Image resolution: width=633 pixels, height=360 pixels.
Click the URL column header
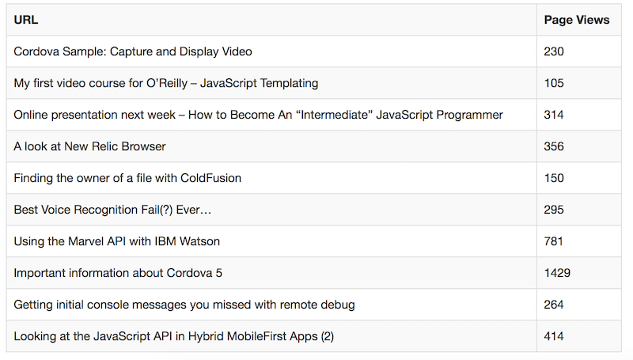26,20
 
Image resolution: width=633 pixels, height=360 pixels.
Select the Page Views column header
577,20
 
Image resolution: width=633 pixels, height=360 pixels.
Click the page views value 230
553,51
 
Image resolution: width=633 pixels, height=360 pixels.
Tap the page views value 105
554,83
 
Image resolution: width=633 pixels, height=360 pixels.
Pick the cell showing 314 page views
553,115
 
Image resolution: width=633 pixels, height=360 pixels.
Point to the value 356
553,146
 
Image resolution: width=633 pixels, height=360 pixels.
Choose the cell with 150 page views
554,178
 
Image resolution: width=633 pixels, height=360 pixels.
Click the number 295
553,210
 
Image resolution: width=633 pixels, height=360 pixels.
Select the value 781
553,241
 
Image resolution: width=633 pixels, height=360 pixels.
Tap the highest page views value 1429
557,273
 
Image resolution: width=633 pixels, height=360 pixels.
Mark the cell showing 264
553,305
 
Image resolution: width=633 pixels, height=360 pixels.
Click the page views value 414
553,336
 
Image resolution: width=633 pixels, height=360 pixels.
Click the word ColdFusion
210,178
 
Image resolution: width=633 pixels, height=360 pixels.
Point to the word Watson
199,241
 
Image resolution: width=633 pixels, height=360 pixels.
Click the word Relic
104,146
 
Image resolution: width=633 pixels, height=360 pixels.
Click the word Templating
289,84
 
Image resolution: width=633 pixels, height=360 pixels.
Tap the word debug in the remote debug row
338,305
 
